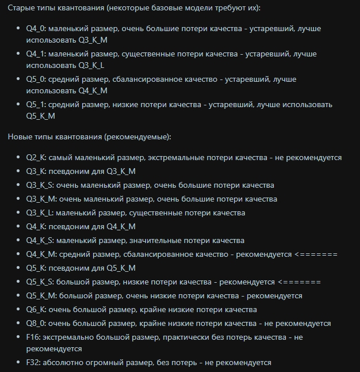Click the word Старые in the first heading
[x=22, y=10]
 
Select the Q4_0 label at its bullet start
[x=36, y=29]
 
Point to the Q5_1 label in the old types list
[x=36, y=105]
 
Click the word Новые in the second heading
[x=21, y=137]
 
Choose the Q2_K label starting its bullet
[x=36, y=158]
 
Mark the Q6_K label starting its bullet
[x=36, y=310]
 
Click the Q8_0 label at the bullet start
[x=36, y=324]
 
